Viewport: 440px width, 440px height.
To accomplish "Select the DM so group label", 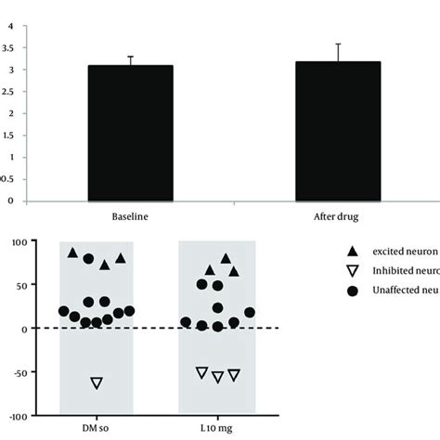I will click(x=96, y=427).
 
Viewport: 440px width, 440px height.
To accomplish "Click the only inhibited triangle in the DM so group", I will click(x=96, y=382).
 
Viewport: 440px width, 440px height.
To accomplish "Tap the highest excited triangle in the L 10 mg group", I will click(x=226, y=258).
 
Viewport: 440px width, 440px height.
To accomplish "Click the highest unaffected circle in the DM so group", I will click(x=89, y=259).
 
